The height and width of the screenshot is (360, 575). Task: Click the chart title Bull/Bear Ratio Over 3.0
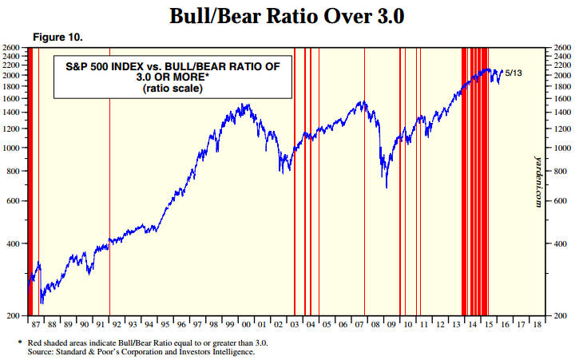287,16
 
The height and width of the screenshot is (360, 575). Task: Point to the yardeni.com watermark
537,180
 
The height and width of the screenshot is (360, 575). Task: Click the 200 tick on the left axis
13,316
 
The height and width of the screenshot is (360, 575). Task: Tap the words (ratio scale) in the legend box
172,89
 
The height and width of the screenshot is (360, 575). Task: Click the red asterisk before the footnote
19,342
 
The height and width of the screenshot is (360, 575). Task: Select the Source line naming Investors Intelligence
141,350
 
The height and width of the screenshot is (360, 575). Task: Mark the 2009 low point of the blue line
387,188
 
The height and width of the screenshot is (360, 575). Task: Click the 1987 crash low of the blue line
41,303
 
